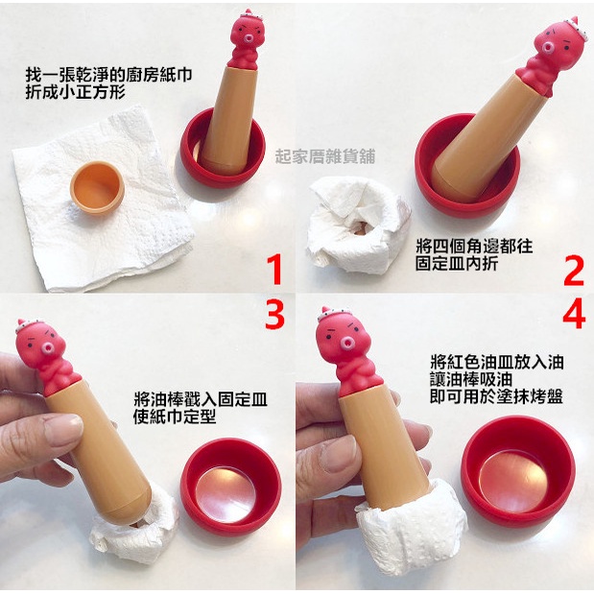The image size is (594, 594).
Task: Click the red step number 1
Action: (276, 270)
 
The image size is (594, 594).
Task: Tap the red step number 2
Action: (574, 270)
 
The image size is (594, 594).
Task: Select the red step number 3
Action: (274, 314)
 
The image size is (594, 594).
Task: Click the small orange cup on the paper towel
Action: (97, 187)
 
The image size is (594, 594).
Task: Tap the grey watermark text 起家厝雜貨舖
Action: (325, 156)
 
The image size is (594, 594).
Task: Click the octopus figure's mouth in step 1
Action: (249, 38)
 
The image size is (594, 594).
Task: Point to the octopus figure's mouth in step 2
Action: (547, 48)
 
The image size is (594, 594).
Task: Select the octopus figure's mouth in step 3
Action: (48, 347)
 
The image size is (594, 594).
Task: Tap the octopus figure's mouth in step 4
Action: (347, 344)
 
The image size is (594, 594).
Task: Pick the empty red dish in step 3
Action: (230, 487)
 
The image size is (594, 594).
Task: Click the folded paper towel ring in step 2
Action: (358, 225)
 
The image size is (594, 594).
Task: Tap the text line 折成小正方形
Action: (76, 92)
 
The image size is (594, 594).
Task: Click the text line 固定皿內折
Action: (457, 264)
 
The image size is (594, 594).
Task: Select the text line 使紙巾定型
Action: (175, 416)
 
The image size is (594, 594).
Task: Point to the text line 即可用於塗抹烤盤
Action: (496, 396)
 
